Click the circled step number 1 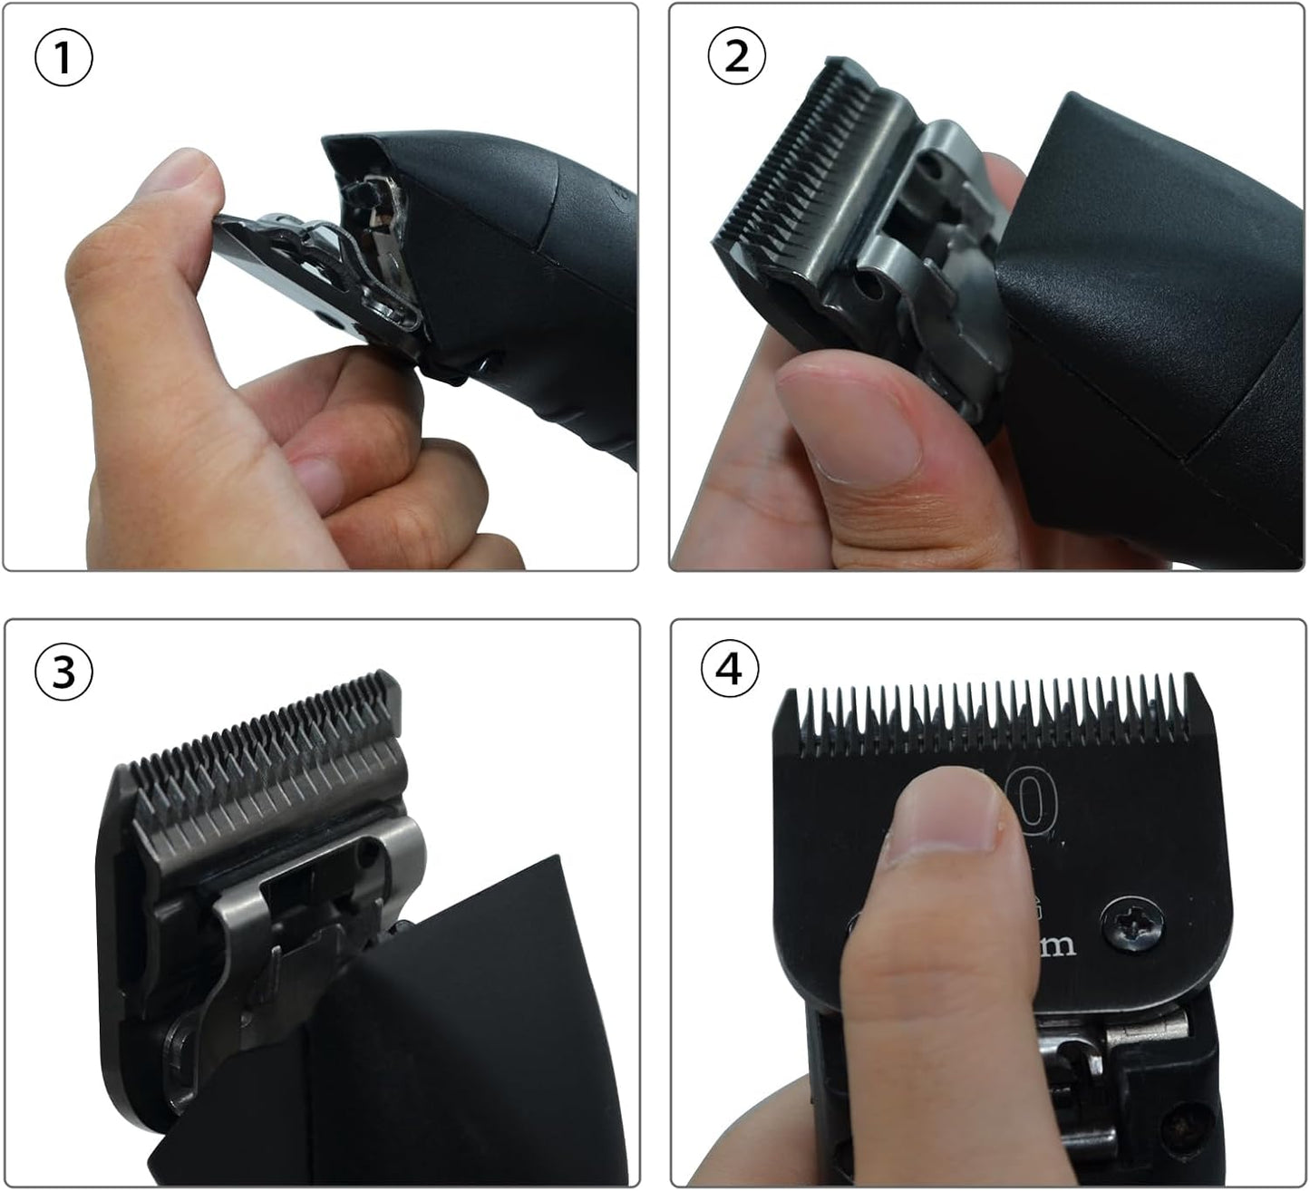point(63,59)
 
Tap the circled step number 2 point(736,57)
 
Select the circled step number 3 point(63,672)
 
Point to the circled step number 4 point(730,670)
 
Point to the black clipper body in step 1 point(526,272)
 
